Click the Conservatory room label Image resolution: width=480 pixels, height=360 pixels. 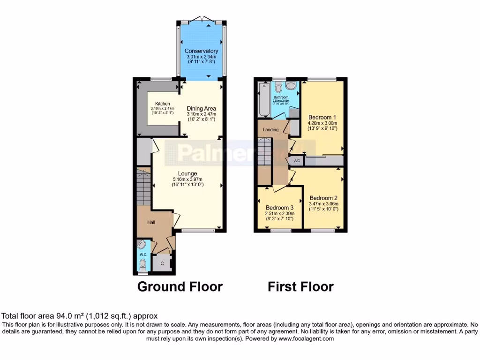pyautogui.click(x=201, y=51)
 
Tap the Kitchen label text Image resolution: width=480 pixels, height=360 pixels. pyautogui.click(x=163, y=104)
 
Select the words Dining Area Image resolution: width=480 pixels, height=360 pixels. pyautogui.click(x=201, y=108)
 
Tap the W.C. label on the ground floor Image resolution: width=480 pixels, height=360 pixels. pyautogui.click(x=143, y=254)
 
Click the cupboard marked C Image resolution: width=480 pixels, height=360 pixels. pyautogui.click(x=162, y=264)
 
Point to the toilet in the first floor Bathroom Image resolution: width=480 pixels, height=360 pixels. pyautogui.click(x=278, y=87)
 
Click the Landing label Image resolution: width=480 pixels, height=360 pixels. pyautogui.click(x=270, y=130)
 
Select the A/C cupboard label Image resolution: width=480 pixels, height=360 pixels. pyautogui.click(x=297, y=161)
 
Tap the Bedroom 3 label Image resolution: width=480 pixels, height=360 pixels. pyautogui.click(x=279, y=208)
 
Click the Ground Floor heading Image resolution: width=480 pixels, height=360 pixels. pyautogui.click(x=180, y=286)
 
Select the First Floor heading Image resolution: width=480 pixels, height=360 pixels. pyautogui.click(x=300, y=286)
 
